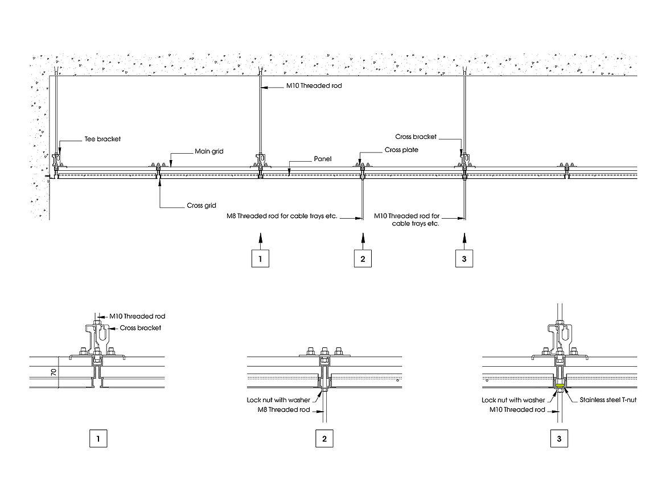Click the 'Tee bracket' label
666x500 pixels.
101,140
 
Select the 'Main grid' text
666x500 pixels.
209,151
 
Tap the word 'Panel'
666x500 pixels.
323,159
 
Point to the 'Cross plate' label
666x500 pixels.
401,150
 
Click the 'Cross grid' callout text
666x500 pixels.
202,206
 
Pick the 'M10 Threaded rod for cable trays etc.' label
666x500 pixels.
406,220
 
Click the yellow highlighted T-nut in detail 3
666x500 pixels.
560,387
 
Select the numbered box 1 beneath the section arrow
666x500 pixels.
260,259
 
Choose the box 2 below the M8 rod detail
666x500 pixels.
324,438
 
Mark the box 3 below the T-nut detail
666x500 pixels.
559,438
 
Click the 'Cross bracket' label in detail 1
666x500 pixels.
140,328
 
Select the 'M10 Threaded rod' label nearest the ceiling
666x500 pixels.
313,87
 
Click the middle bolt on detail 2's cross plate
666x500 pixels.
324,351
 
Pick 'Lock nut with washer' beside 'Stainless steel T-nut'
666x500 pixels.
513,400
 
